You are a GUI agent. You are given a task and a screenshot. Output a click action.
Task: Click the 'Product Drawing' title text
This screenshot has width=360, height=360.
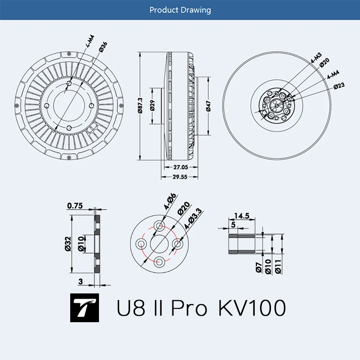coord(180,9)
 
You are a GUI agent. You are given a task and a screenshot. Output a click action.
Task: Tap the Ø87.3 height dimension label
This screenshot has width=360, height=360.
coord(140,106)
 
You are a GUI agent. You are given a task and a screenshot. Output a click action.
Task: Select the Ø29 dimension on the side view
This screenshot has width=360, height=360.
coord(153,106)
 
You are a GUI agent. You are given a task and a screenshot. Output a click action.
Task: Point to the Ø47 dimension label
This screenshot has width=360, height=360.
coord(208,106)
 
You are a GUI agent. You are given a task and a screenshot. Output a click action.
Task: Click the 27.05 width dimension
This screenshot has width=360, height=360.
coord(179,166)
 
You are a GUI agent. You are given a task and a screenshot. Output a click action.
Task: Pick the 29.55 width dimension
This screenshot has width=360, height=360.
coord(179,177)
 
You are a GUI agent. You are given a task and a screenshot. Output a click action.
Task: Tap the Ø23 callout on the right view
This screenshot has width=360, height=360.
coord(339,86)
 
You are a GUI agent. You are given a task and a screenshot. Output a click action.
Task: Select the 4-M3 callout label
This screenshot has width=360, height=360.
coord(315,58)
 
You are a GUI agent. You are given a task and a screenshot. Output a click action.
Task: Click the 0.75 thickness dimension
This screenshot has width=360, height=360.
coord(75,206)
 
